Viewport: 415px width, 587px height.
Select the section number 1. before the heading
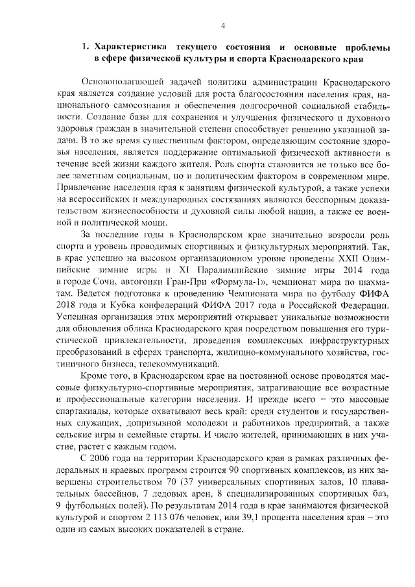tap(85, 47)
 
